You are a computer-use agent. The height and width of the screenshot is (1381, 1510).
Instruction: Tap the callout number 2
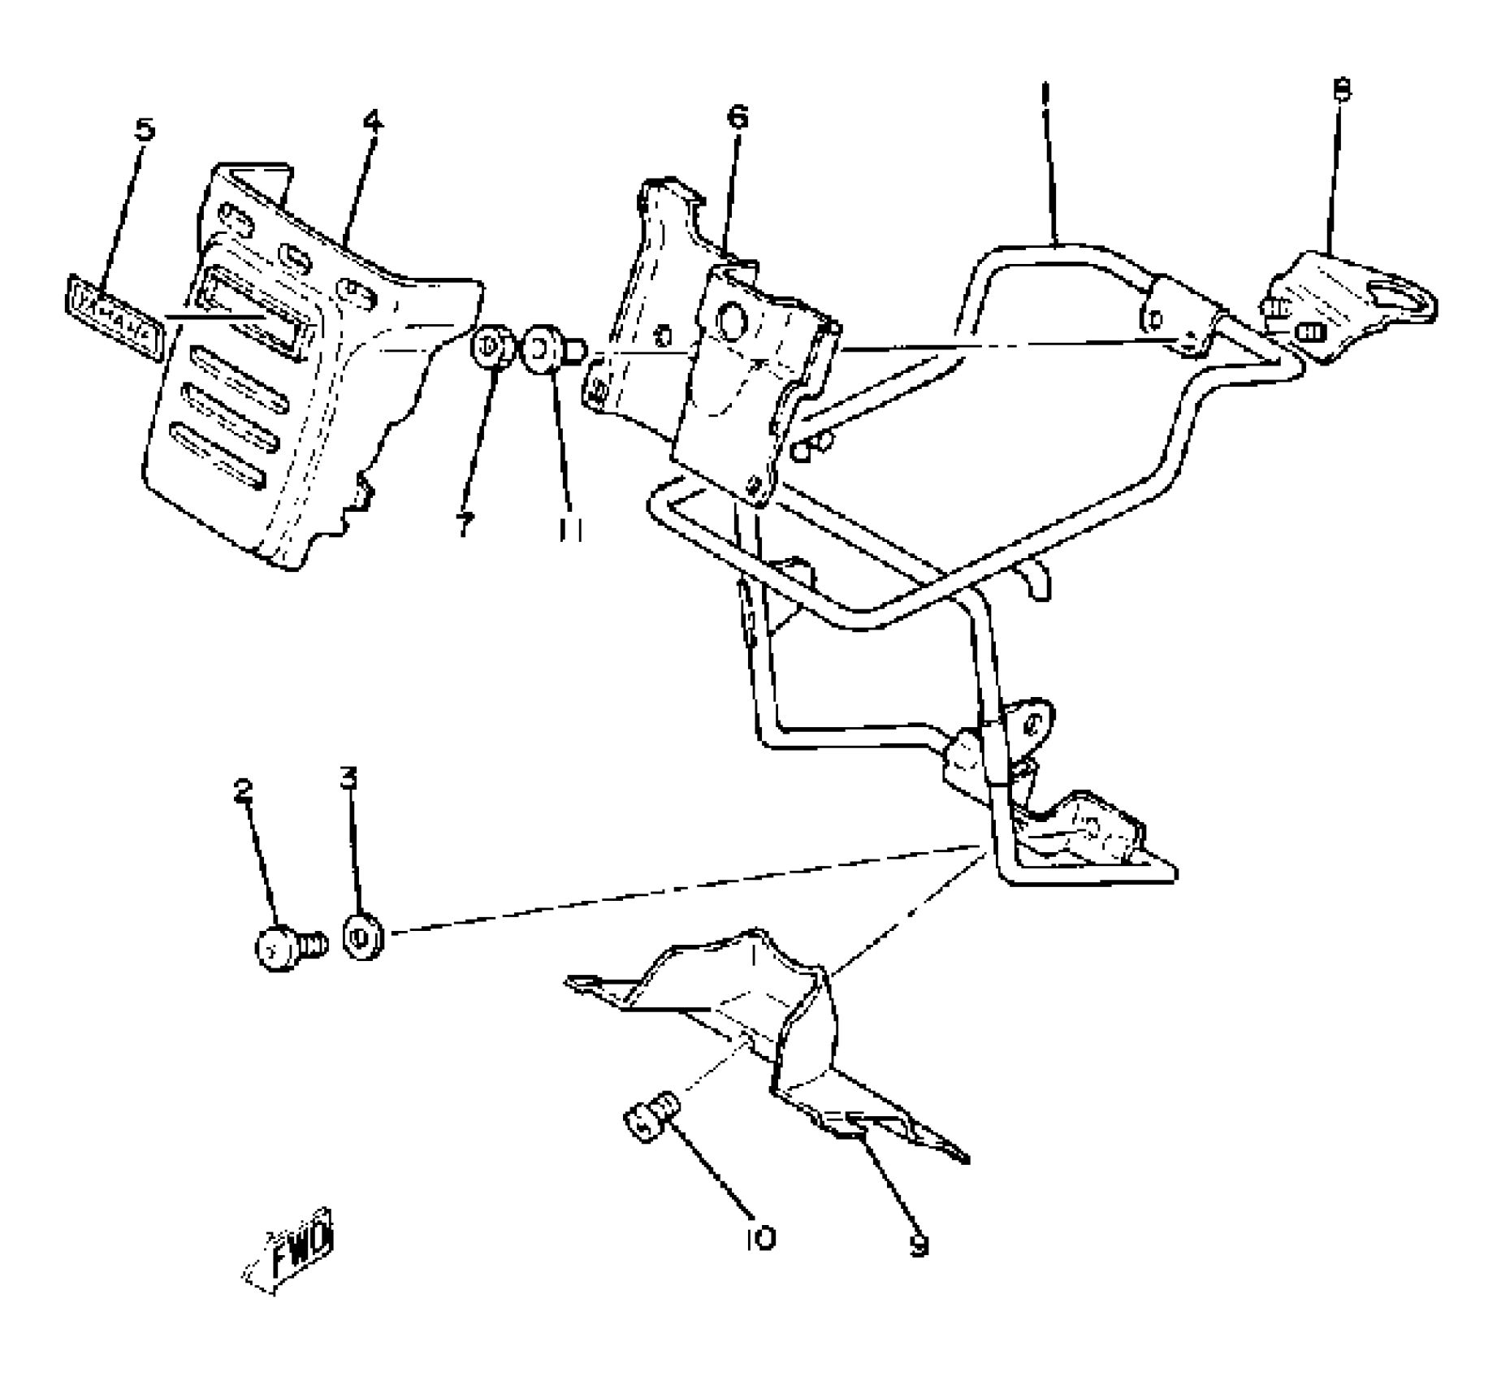243,790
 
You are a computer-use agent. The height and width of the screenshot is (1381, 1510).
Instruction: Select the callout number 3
348,779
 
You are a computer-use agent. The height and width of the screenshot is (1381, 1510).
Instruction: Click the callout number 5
144,128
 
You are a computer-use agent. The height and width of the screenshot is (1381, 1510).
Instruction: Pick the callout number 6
737,116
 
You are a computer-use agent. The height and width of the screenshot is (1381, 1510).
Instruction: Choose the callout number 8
1342,89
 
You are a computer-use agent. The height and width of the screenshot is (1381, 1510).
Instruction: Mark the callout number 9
918,1245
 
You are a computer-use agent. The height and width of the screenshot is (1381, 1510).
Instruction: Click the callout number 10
760,1238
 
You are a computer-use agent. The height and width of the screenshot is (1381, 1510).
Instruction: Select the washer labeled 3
363,937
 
